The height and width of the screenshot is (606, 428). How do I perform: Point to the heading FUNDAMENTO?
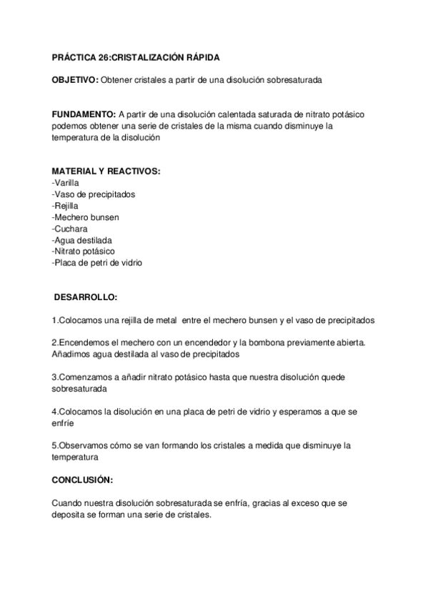tap(84, 115)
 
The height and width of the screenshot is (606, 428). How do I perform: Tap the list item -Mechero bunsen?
tap(85, 217)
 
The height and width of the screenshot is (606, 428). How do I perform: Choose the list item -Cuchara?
tap(69, 228)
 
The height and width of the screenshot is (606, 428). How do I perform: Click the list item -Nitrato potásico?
tap(83, 251)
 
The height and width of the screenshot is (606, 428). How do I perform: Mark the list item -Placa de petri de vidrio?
tap(97, 262)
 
